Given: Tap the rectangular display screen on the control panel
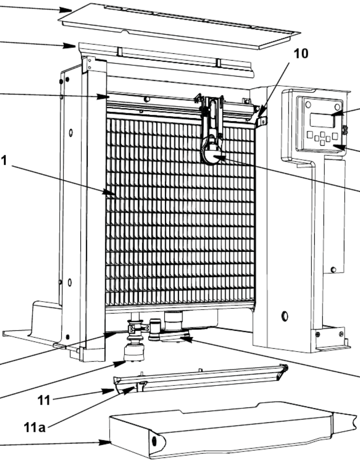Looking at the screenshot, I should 321,120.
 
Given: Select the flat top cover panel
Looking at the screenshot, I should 178,25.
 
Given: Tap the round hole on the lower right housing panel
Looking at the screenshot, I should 284,316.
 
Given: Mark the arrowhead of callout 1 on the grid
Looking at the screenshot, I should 116,195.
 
